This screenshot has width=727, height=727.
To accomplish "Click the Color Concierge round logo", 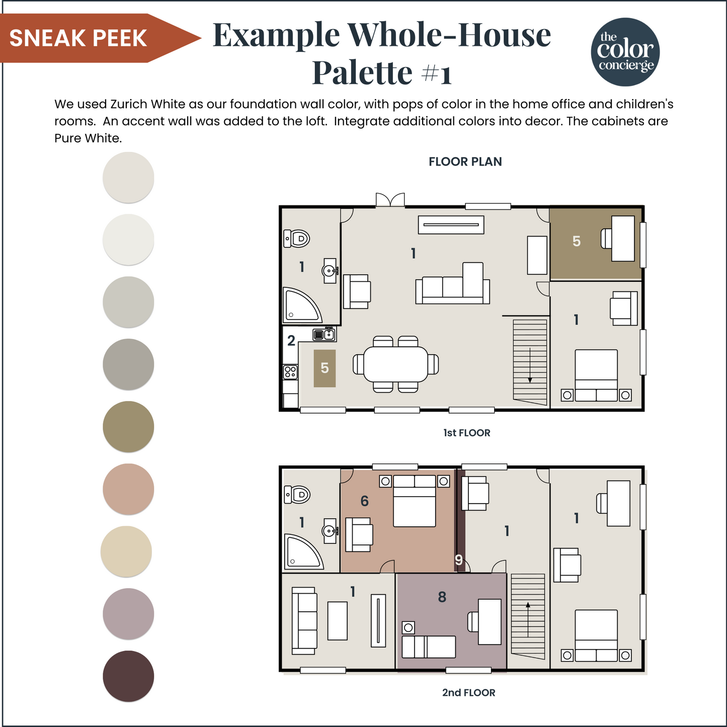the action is tap(625, 52).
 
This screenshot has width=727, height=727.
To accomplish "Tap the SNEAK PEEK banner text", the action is tap(78, 38).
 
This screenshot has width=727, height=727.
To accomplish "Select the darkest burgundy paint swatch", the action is tap(128, 676).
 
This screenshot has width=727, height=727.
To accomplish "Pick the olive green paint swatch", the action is tap(128, 426).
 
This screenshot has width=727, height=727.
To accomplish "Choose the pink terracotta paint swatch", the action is tap(128, 489).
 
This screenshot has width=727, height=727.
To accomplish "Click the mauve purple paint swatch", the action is tap(128, 613).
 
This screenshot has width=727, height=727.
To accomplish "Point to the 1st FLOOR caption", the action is tap(467, 433).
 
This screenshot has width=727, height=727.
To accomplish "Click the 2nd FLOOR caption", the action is tap(468, 693).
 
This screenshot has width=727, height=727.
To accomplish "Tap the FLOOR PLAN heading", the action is tap(465, 161).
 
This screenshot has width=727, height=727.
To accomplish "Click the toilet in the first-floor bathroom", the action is tap(296, 238).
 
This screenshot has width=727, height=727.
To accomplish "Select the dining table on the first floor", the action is tap(396, 364).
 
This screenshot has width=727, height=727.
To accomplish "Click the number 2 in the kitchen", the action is tap(291, 341).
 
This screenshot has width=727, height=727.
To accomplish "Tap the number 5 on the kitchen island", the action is tap(325, 368).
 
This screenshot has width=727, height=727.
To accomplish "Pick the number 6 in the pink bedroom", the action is tap(364, 501).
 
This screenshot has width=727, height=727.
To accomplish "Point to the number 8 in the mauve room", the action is tap(442, 597).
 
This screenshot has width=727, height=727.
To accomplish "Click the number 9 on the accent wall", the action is tap(459, 560).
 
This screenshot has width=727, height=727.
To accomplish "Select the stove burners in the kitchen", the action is tap(290, 372).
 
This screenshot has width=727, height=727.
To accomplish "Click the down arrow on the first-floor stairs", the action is tap(530, 365).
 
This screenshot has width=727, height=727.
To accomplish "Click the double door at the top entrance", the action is tap(390, 200).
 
